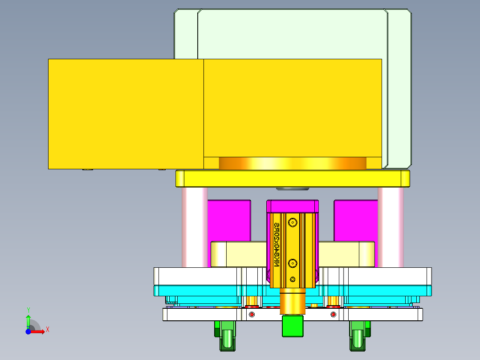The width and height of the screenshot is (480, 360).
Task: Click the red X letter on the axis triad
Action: (48, 329)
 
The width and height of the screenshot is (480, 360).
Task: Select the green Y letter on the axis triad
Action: (28, 310)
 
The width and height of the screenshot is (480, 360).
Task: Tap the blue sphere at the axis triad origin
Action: (28, 331)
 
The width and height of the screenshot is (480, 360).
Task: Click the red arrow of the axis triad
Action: (39, 331)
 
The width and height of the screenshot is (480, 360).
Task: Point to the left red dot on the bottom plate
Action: (252, 315)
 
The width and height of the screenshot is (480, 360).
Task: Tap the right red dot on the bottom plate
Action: (334, 315)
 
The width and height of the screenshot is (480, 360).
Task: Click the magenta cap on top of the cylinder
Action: (293, 206)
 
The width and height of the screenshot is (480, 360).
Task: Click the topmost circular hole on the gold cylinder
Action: (293, 221)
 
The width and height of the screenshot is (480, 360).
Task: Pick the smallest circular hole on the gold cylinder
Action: (293, 279)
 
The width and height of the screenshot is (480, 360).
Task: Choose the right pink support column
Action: (391, 227)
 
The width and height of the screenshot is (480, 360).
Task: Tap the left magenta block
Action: (229, 221)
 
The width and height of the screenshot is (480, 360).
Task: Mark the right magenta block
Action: (355, 221)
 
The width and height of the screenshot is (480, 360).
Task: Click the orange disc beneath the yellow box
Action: (293, 164)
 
